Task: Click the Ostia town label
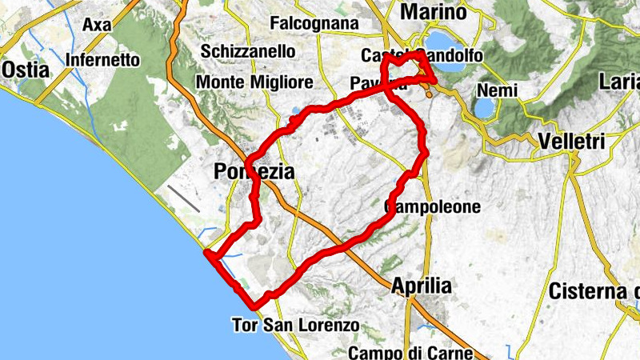pyautogui.click(x=26, y=70)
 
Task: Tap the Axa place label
pyautogui.click(x=96, y=25)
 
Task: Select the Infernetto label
pyautogui.click(x=102, y=59)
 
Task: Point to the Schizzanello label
pyautogui.click(x=248, y=51)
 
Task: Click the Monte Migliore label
pyautogui.click(x=254, y=82)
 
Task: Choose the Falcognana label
pyautogui.click(x=314, y=23)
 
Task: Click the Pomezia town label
pyautogui.click(x=254, y=171)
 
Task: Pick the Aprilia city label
pyautogui.click(x=422, y=286)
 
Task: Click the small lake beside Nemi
pyautogui.click(x=485, y=106)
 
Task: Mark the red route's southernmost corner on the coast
pyautogui.click(x=256, y=306)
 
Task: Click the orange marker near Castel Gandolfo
pyautogui.click(x=429, y=93)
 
